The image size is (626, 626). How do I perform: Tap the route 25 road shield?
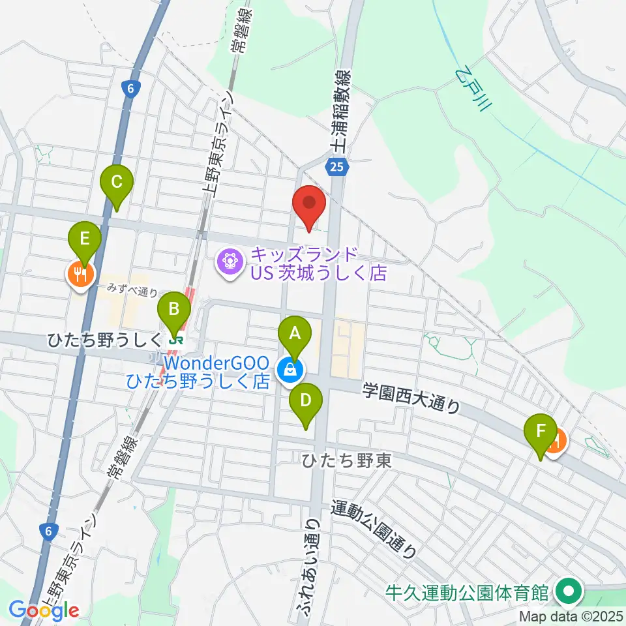336,168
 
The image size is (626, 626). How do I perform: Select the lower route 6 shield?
48,531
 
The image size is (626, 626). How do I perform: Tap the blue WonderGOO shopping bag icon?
288,371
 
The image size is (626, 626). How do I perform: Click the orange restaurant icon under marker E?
81,275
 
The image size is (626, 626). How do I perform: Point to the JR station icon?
173,339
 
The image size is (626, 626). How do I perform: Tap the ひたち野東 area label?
346,461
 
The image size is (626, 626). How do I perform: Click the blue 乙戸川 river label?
473,89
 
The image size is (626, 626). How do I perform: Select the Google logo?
44,610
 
